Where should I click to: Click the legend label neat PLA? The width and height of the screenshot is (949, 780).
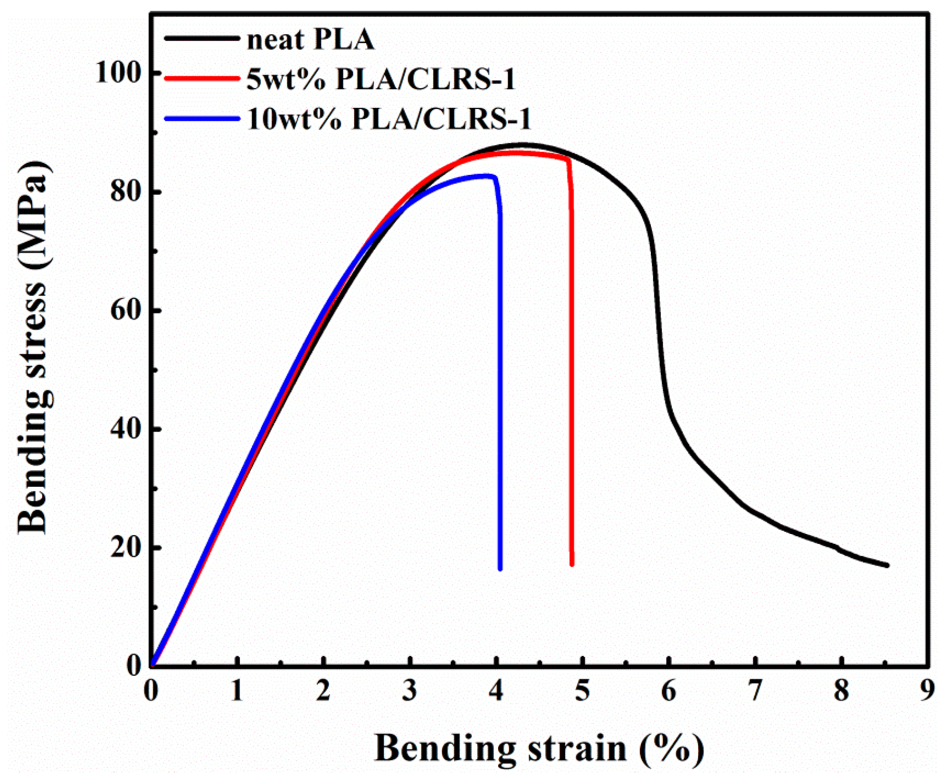pyautogui.click(x=310, y=39)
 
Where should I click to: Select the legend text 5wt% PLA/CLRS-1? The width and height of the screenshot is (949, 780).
pyautogui.click(x=381, y=79)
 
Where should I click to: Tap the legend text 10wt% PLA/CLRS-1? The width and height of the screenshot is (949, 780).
pyautogui.click(x=389, y=119)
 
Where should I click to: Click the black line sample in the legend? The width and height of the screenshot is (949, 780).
pyautogui.click(x=202, y=38)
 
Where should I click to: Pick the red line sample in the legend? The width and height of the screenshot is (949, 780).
pyautogui.click(x=202, y=78)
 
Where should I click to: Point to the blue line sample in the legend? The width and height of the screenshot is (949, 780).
pyautogui.click(x=202, y=118)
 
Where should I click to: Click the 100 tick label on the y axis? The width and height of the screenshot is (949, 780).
pyautogui.click(x=119, y=73)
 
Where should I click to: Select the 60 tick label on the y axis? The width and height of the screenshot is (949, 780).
pyautogui.click(x=126, y=310)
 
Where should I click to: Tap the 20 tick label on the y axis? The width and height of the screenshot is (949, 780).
pyautogui.click(x=126, y=548)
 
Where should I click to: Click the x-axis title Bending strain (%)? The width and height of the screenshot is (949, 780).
pyautogui.click(x=539, y=748)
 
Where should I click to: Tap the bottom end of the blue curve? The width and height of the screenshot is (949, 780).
pyautogui.click(x=500, y=569)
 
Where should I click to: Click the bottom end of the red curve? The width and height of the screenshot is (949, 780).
pyautogui.click(x=572, y=564)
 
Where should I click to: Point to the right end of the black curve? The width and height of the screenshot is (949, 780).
pyautogui.click(x=887, y=565)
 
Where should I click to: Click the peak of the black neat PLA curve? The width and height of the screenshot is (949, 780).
pyautogui.click(x=522, y=145)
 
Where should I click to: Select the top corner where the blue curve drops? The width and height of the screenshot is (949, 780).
pyautogui.click(x=495, y=177)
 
